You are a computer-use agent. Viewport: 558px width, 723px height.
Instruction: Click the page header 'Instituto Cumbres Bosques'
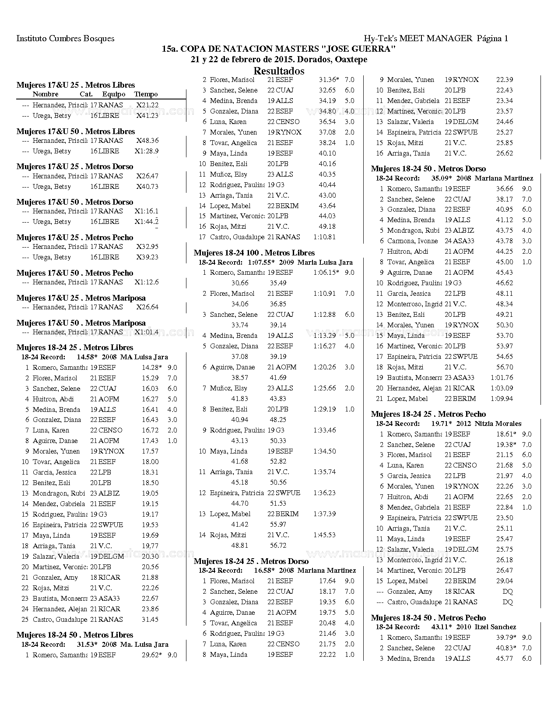click(65, 39)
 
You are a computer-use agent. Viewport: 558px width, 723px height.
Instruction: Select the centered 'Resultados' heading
click(279, 71)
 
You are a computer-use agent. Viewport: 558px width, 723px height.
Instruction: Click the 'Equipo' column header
click(114, 94)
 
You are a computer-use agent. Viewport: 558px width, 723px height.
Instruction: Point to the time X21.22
click(147, 105)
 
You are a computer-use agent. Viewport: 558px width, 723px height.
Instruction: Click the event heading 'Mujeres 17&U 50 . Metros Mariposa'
click(81, 323)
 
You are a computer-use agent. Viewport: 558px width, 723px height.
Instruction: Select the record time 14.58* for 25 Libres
click(87, 357)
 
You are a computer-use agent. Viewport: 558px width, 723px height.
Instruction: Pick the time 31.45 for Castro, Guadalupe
click(150, 620)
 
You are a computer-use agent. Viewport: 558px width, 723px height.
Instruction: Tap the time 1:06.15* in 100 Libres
click(326, 273)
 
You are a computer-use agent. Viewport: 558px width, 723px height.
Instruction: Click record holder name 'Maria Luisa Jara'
click(325, 262)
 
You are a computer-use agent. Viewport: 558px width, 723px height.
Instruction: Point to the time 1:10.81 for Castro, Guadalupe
click(325, 237)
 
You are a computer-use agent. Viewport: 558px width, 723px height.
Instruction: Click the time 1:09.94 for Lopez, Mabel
click(502, 399)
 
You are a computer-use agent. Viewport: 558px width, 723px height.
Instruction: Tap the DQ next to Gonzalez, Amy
click(507, 592)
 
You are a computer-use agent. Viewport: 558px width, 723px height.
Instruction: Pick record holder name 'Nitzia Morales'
click(498, 424)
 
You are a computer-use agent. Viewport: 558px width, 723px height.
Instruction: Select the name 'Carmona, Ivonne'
click(412, 241)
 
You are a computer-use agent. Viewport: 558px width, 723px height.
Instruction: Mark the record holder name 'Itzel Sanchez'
click(495, 627)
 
